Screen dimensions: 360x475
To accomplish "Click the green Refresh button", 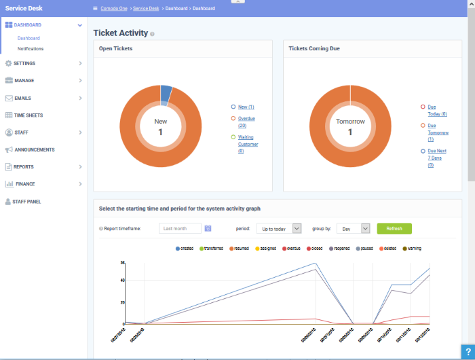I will [394, 229].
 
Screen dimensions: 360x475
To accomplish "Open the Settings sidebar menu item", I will [25, 63].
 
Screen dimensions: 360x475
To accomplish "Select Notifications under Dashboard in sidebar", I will [31, 49].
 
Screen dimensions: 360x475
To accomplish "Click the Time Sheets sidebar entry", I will [28, 115].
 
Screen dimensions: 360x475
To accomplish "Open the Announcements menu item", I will [34, 149].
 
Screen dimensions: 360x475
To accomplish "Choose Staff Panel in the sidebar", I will [28, 202].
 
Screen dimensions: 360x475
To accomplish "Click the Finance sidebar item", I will [25, 184].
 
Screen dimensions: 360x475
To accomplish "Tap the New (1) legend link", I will [246, 107].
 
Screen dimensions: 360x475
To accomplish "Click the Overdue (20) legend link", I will [246, 122].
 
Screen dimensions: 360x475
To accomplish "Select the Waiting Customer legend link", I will [248, 144].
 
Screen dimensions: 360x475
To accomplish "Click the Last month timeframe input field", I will [180, 229].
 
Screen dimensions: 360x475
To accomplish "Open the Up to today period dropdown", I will [280, 229].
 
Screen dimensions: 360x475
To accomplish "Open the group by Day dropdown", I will [353, 229].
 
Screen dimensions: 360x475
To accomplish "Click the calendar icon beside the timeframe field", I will [208, 229].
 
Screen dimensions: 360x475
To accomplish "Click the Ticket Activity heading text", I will [120, 33].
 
